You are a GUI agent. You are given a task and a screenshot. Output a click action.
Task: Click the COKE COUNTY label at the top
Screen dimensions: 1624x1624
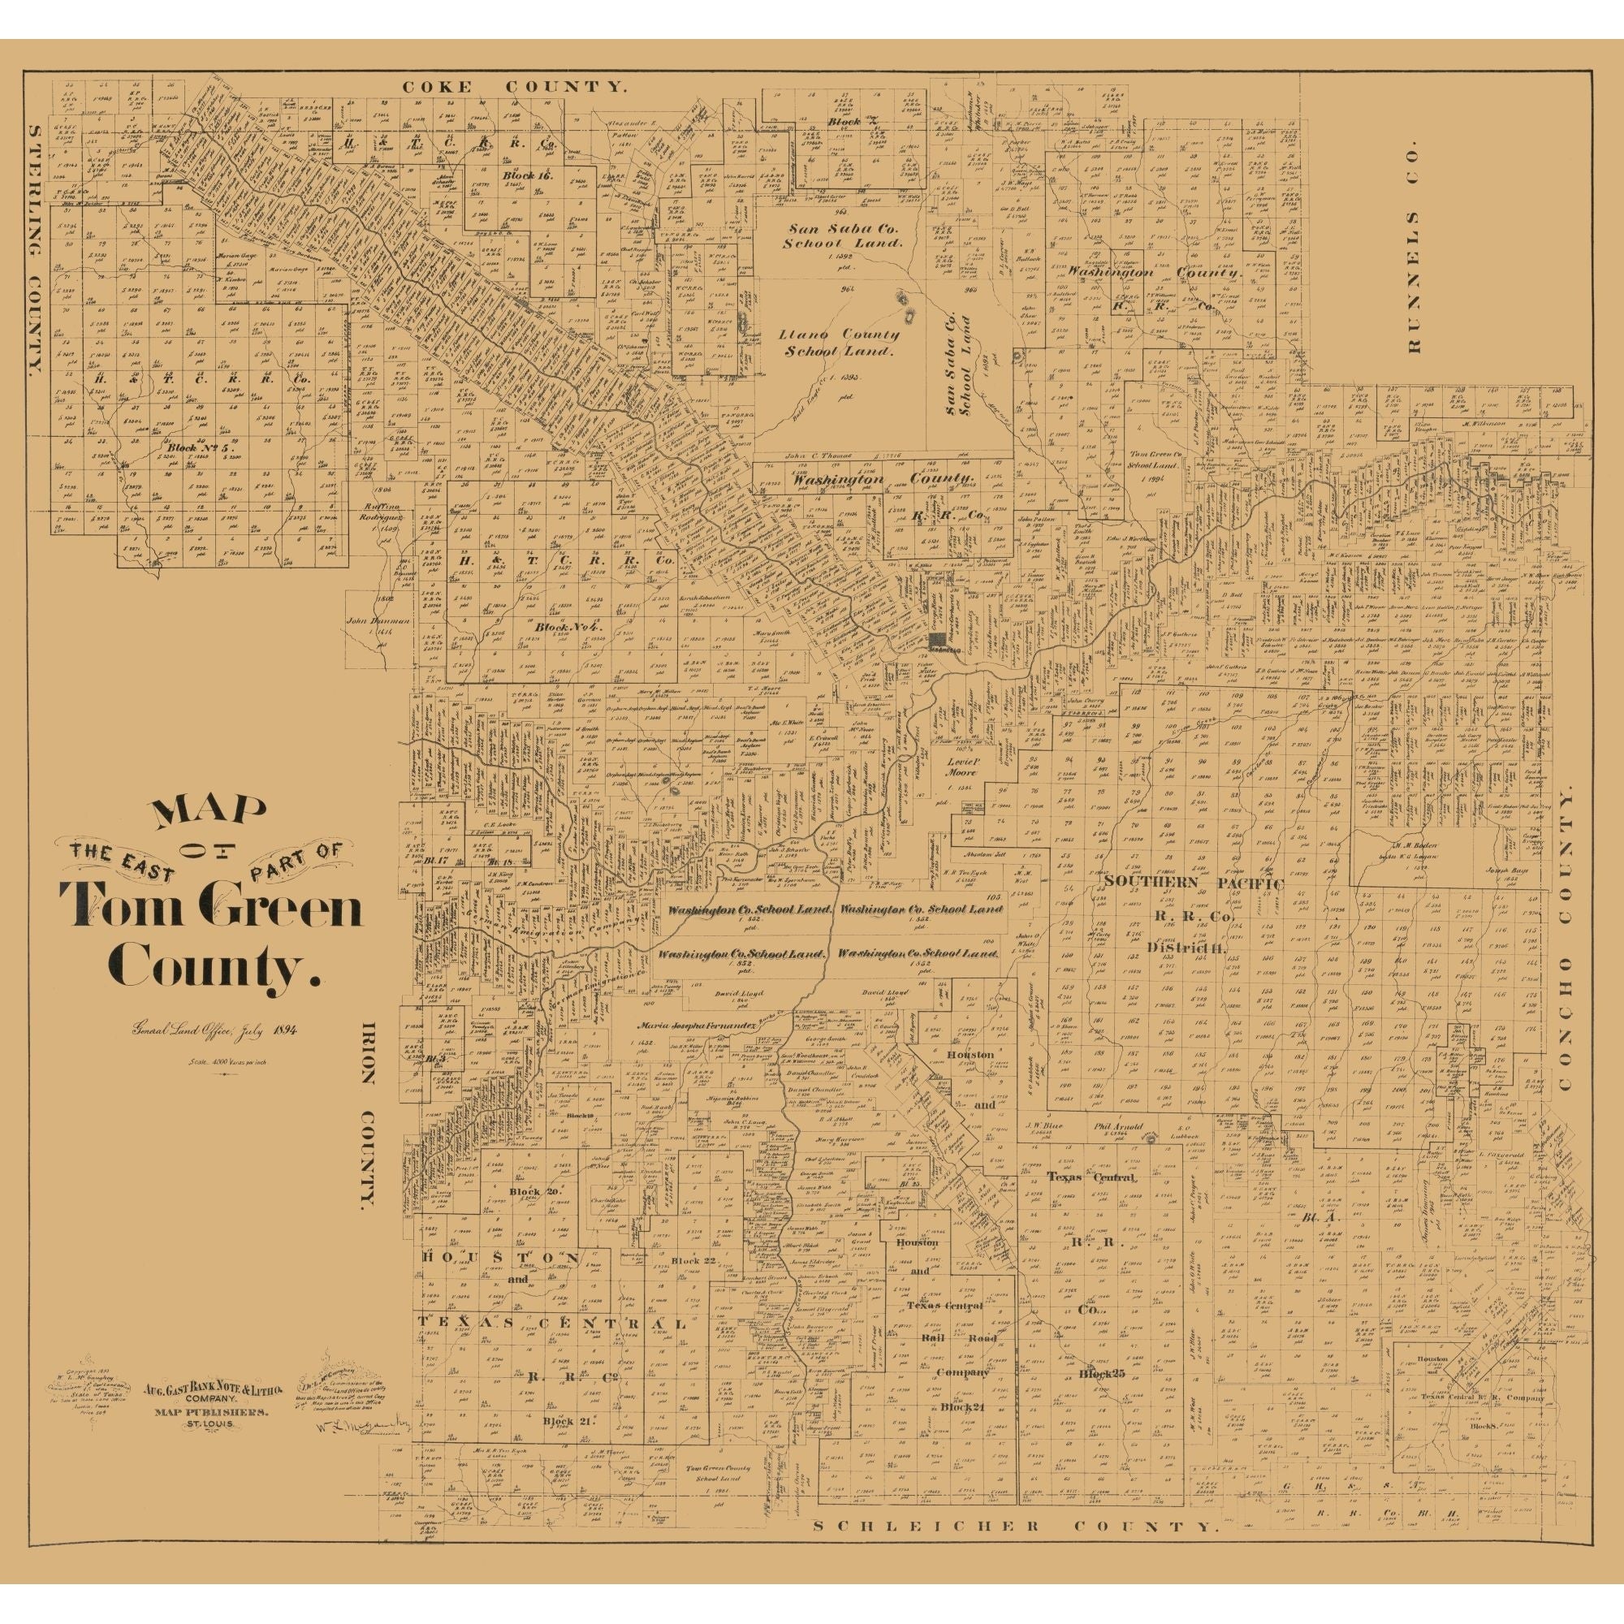tap(515, 87)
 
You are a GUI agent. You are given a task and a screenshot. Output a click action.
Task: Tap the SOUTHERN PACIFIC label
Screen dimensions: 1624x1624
tap(1194, 883)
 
